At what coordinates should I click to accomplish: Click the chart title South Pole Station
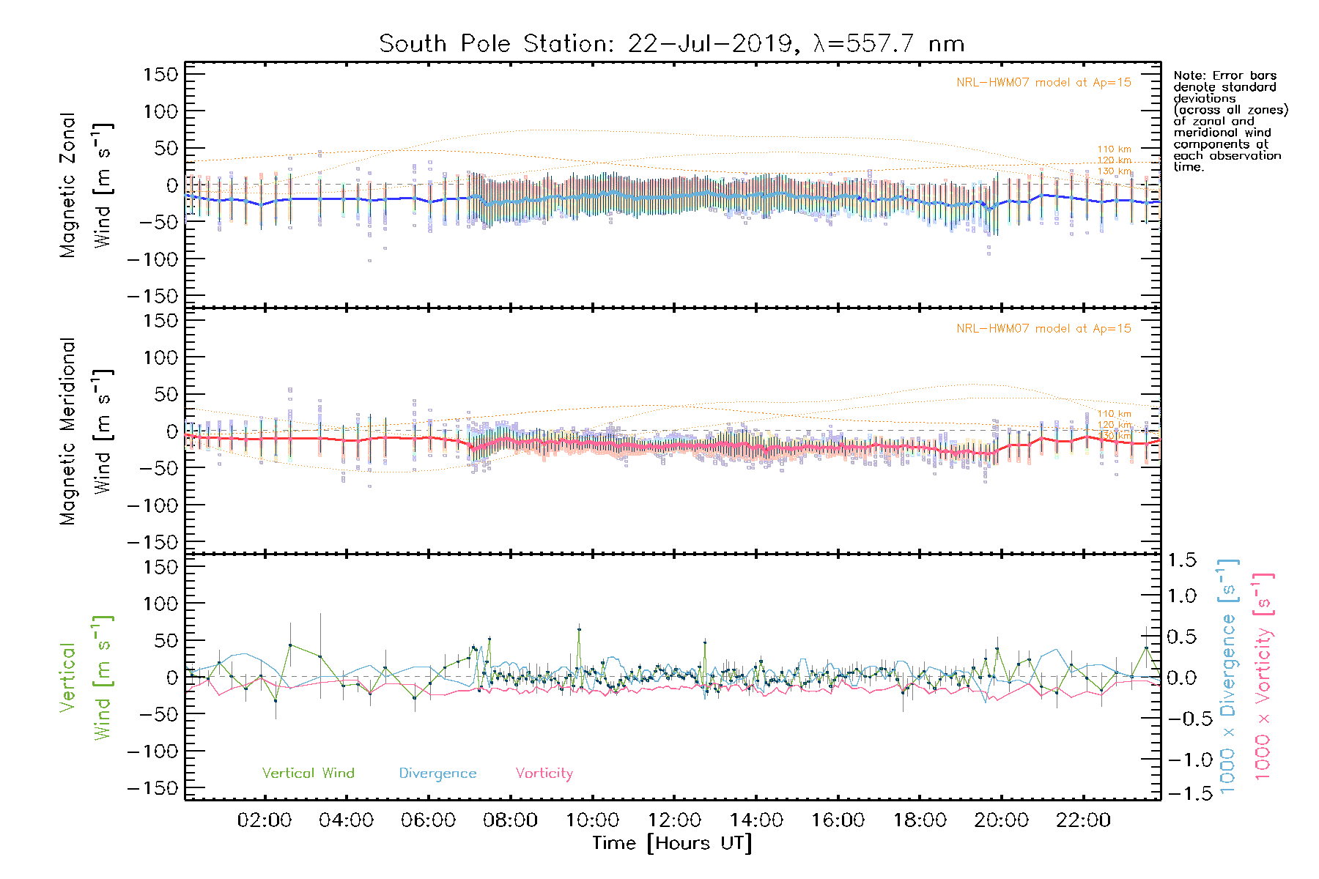click(670, 44)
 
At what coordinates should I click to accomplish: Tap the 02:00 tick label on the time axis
click(265, 820)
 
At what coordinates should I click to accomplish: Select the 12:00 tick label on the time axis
click(674, 820)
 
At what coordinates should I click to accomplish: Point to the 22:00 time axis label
click(1083, 820)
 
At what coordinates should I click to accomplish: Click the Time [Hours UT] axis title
click(672, 843)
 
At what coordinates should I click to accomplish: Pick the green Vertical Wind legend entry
click(308, 773)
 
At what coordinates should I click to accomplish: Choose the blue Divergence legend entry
click(437, 773)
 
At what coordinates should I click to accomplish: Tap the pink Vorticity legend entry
click(544, 773)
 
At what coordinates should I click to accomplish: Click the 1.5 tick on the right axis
click(1182, 560)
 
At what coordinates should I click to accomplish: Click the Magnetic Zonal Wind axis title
click(86, 185)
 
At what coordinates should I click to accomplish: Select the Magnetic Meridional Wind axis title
click(86, 431)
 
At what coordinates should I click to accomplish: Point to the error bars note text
click(1230, 121)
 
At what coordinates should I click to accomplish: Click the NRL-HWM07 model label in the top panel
click(1043, 82)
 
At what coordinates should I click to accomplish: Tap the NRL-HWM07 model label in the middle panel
click(1043, 328)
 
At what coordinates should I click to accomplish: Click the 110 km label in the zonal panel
click(1114, 149)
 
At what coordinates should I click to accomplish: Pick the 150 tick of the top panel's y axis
click(160, 74)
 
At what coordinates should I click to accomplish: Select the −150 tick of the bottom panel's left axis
click(153, 788)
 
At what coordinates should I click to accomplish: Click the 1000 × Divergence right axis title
click(1228, 675)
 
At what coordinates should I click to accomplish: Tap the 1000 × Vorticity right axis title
click(1263, 675)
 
